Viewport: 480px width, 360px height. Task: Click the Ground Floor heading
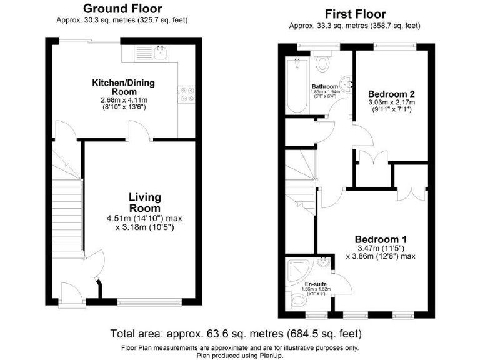coord(123,9)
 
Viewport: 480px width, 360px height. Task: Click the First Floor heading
coord(355,14)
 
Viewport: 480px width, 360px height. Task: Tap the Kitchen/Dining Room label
coord(123,87)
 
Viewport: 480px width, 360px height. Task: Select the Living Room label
coord(144,203)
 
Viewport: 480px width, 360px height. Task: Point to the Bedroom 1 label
coord(381,239)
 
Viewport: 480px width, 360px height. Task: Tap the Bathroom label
coord(325,87)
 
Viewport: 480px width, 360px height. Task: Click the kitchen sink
coord(161,54)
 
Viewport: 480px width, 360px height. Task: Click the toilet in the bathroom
coord(324,62)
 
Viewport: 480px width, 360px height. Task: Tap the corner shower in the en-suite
coord(296,271)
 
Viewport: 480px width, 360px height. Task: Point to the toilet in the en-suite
coord(299,301)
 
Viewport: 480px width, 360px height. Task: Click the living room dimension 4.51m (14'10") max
coord(144,219)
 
